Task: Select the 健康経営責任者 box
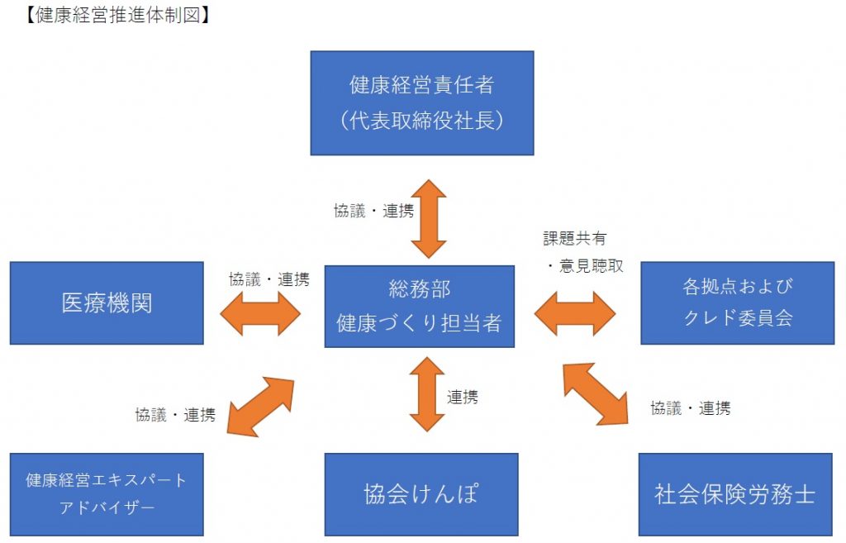[422, 103]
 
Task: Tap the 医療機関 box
[107, 302]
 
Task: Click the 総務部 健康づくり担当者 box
[419, 306]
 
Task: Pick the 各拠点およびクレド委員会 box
[738, 302]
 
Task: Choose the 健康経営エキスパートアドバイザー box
[107, 494]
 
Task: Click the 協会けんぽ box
[421, 494]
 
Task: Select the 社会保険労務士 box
[735, 494]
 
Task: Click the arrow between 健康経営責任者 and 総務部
[429, 218]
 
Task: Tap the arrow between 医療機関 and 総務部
[260, 313]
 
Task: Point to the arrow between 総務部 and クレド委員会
[575, 313]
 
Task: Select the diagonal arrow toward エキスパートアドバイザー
[260, 407]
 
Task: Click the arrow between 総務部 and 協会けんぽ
[427, 394]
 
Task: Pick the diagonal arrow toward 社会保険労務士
[596, 394]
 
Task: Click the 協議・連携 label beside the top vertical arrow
[374, 211]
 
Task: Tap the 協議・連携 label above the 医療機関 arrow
[269, 279]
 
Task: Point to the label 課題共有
[575, 238]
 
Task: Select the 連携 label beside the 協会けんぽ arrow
[463, 398]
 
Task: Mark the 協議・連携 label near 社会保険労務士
[691, 408]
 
